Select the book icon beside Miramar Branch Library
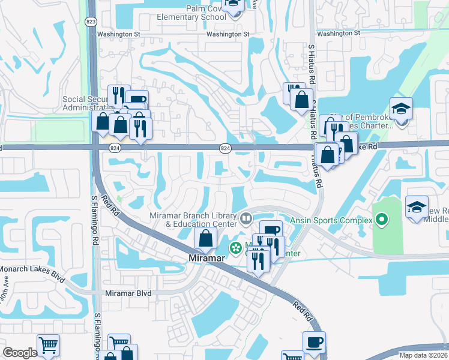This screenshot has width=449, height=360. point(246,218)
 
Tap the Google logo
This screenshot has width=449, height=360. point(20,352)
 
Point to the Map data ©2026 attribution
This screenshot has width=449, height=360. point(423,355)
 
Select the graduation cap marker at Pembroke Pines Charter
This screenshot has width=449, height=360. point(400,109)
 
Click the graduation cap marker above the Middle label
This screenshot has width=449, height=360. point(417,207)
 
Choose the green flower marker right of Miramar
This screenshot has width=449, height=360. point(235,246)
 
